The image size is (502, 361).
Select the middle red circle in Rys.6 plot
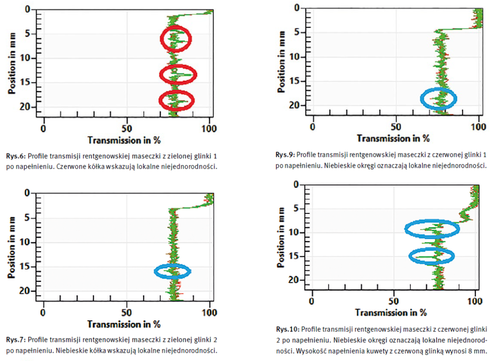point(178,74)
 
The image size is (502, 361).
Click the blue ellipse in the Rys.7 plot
point(173,271)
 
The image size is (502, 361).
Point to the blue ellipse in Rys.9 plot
point(438,99)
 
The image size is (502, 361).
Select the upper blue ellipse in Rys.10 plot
point(432,229)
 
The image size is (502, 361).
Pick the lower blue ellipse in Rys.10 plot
point(432,256)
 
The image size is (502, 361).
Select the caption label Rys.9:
point(285,155)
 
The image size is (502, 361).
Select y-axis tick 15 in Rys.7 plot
point(27,267)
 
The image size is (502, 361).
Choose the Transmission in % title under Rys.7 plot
point(124,324)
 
